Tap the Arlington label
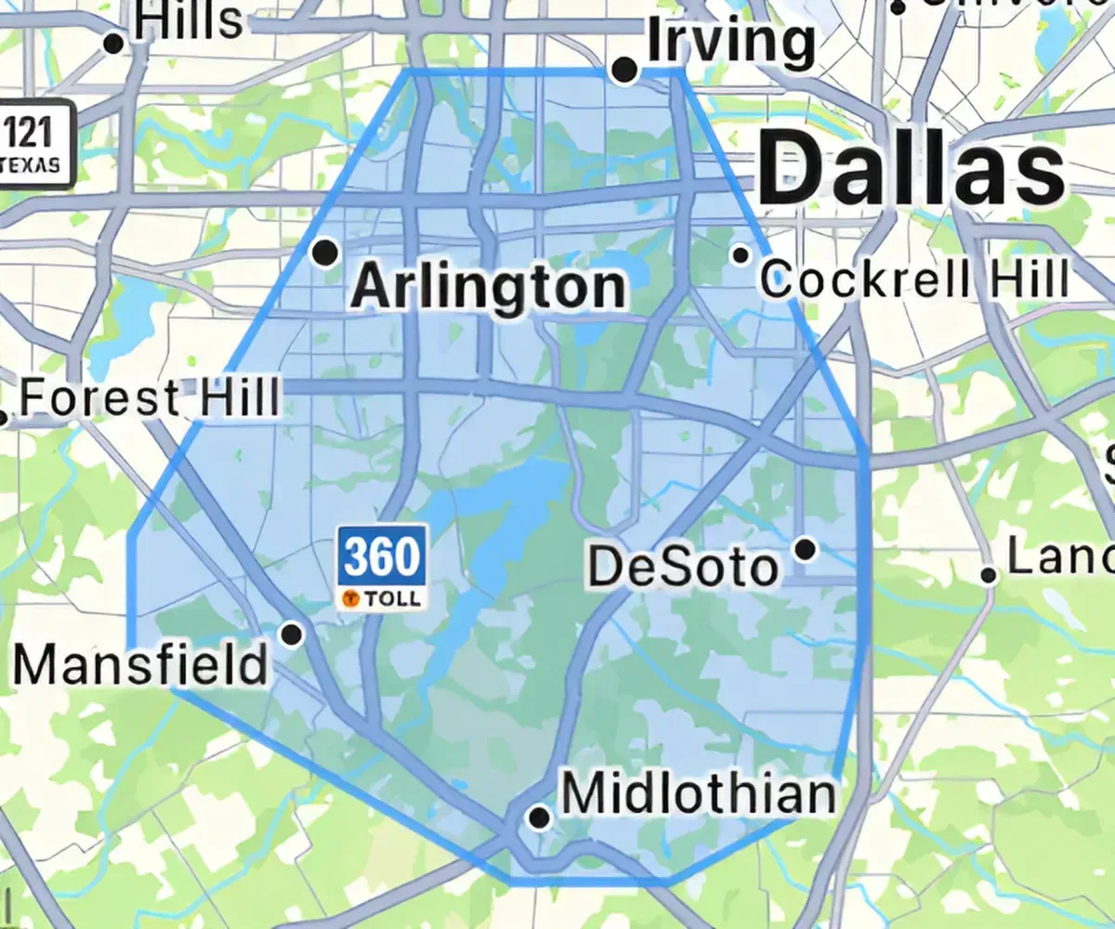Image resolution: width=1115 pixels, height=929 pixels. [x=489, y=288]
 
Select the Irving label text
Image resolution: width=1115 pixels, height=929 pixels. [x=730, y=41]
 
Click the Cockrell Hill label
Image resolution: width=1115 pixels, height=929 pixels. [x=915, y=278]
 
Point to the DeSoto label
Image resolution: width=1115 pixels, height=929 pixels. [x=683, y=567]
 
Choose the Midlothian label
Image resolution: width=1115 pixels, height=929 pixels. [x=699, y=795]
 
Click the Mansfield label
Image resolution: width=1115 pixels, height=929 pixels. [x=140, y=665]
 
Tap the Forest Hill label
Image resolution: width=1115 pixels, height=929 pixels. [x=150, y=398]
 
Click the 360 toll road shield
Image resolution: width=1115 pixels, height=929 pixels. [x=382, y=556]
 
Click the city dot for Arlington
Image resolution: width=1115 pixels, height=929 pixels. [x=325, y=252]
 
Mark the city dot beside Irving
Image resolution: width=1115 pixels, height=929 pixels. [x=625, y=70]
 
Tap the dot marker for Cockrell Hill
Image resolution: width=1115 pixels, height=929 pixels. [x=741, y=255]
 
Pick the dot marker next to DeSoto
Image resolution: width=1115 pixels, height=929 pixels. [x=806, y=549]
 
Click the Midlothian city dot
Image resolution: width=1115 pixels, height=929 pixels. [x=539, y=818]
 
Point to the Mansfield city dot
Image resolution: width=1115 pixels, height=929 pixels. [x=292, y=635]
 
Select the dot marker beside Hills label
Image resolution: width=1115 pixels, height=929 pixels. [x=114, y=43]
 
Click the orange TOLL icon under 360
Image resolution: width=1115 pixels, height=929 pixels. [x=352, y=599]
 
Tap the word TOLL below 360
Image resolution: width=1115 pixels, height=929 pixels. [x=392, y=599]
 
